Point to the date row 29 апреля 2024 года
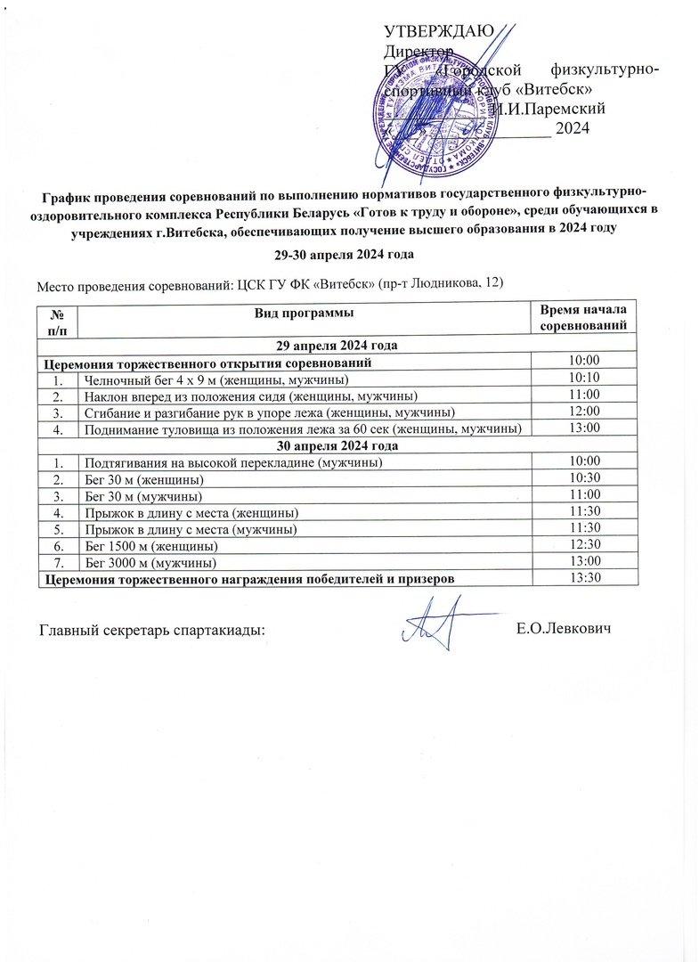coord(337,345)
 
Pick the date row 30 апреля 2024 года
coord(337,444)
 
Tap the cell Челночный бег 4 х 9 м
coord(210,379)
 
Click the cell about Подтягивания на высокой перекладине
coord(233,461)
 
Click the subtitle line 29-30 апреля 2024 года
coord(344,255)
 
